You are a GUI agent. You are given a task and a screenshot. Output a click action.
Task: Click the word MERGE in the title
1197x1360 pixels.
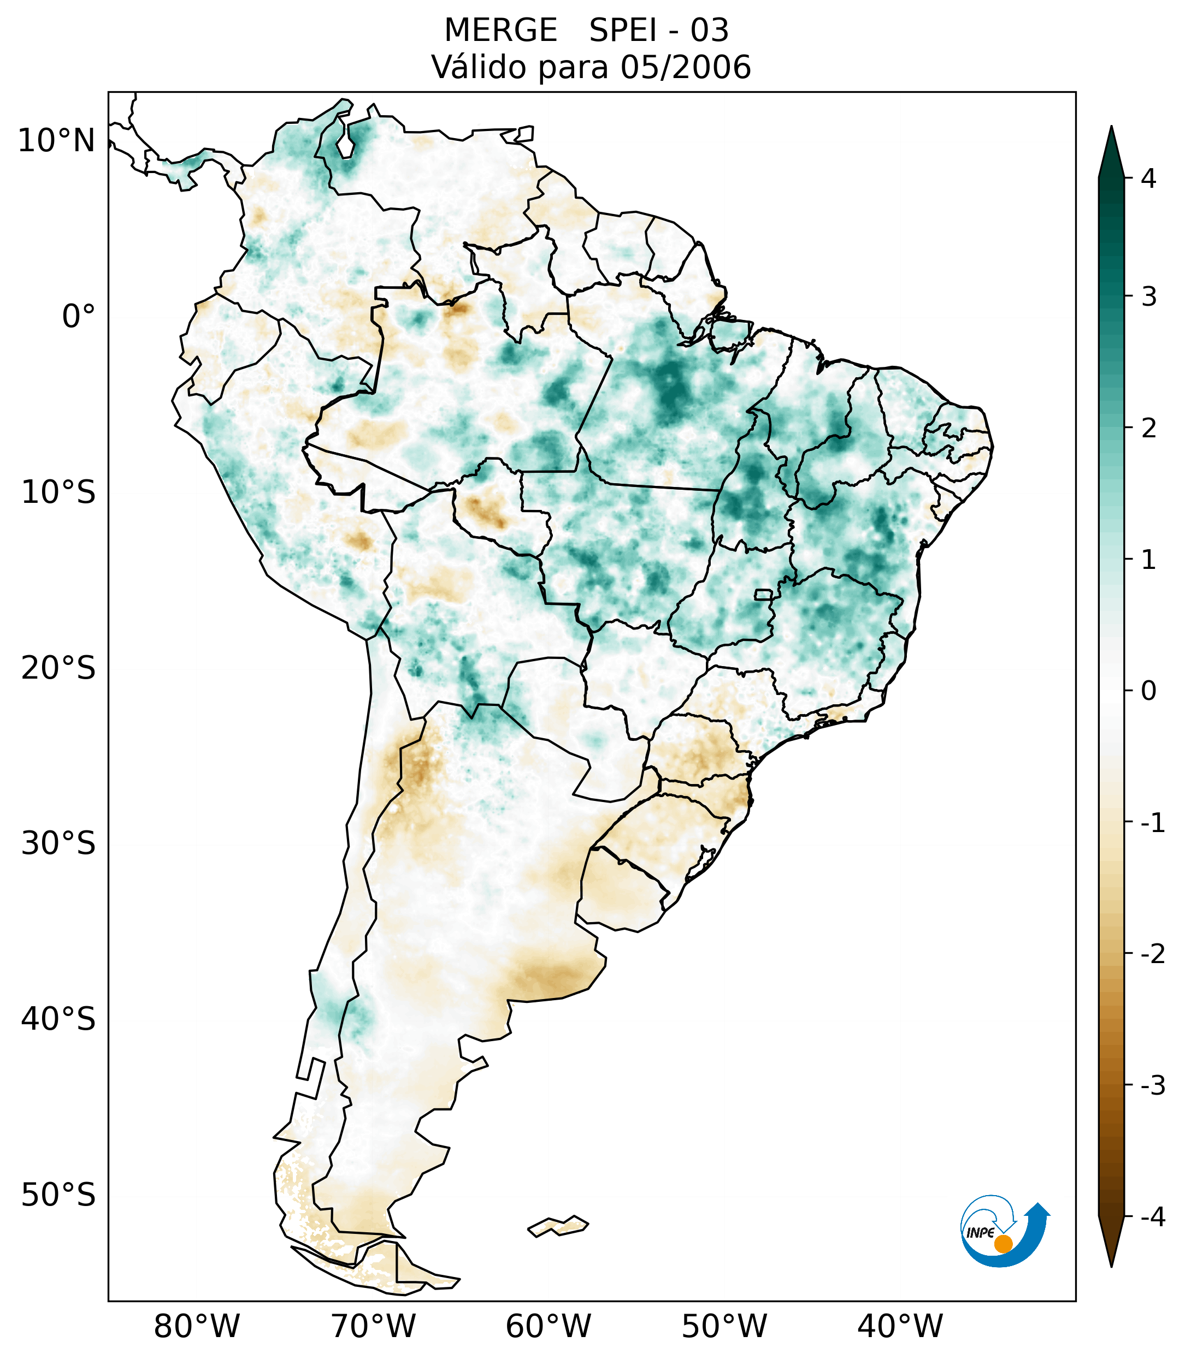coord(500,31)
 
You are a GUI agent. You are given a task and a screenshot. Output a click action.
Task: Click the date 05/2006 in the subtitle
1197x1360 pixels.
coord(685,67)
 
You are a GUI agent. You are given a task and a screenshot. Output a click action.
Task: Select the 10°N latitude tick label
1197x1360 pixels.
coord(57,141)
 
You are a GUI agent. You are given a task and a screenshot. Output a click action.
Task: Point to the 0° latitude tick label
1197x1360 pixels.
coord(79,317)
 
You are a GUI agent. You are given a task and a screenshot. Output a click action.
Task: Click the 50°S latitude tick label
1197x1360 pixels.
coord(58,1195)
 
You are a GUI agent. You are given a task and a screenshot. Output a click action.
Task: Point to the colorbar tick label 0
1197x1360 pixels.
coord(1148,691)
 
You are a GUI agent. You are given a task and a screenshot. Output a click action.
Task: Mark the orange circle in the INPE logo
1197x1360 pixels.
coord(1003,1243)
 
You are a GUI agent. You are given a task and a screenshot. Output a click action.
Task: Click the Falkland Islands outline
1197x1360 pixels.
coord(558,1226)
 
